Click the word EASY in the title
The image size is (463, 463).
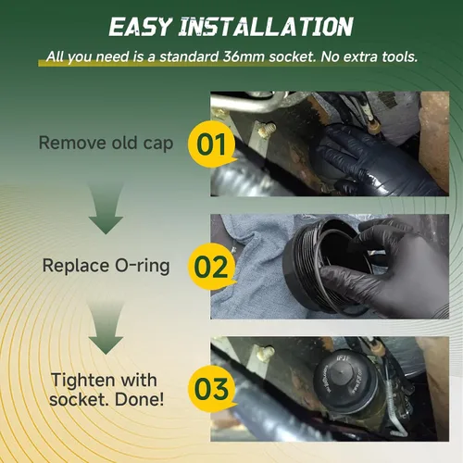pos(140,27)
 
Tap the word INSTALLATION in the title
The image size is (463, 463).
pos(266,27)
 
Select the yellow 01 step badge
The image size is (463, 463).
pos(212,144)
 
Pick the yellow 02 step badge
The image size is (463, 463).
pos(212,267)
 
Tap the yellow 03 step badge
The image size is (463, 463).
pos(212,389)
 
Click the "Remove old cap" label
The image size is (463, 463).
pos(106,144)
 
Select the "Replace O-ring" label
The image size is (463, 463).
pos(106,266)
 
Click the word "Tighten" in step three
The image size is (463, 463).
pos(81,381)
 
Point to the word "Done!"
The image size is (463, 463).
pos(139,399)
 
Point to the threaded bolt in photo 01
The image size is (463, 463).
pos(267,130)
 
